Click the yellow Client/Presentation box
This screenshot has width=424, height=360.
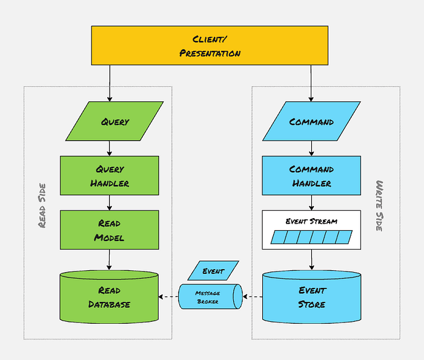pyautogui.click(x=209, y=45)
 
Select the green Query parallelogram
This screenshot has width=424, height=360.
pyautogui.click(x=114, y=121)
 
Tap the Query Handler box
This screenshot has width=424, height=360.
pyautogui.click(x=109, y=175)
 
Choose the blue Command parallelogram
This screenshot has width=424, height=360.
pyautogui.click(x=311, y=121)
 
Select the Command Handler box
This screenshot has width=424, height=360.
pyautogui.click(x=311, y=175)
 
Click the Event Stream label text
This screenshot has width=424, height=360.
pyautogui.click(x=311, y=221)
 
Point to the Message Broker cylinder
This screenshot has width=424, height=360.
pyautogui.click(x=210, y=297)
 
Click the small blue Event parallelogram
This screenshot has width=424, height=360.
pyautogui.click(x=213, y=271)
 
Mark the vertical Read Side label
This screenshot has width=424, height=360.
pyautogui.click(x=42, y=207)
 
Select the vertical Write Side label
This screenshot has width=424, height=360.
pyautogui.click(x=380, y=205)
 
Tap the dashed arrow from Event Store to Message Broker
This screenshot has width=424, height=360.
pyautogui.click(x=253, y=297)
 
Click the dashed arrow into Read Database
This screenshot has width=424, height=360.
pyautogui.click(x=168, y=297)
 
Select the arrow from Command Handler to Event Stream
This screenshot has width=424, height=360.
pyautogui.click(x=311, y=202)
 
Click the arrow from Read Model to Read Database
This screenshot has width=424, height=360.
pyautogui.click(x=110, y=259)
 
